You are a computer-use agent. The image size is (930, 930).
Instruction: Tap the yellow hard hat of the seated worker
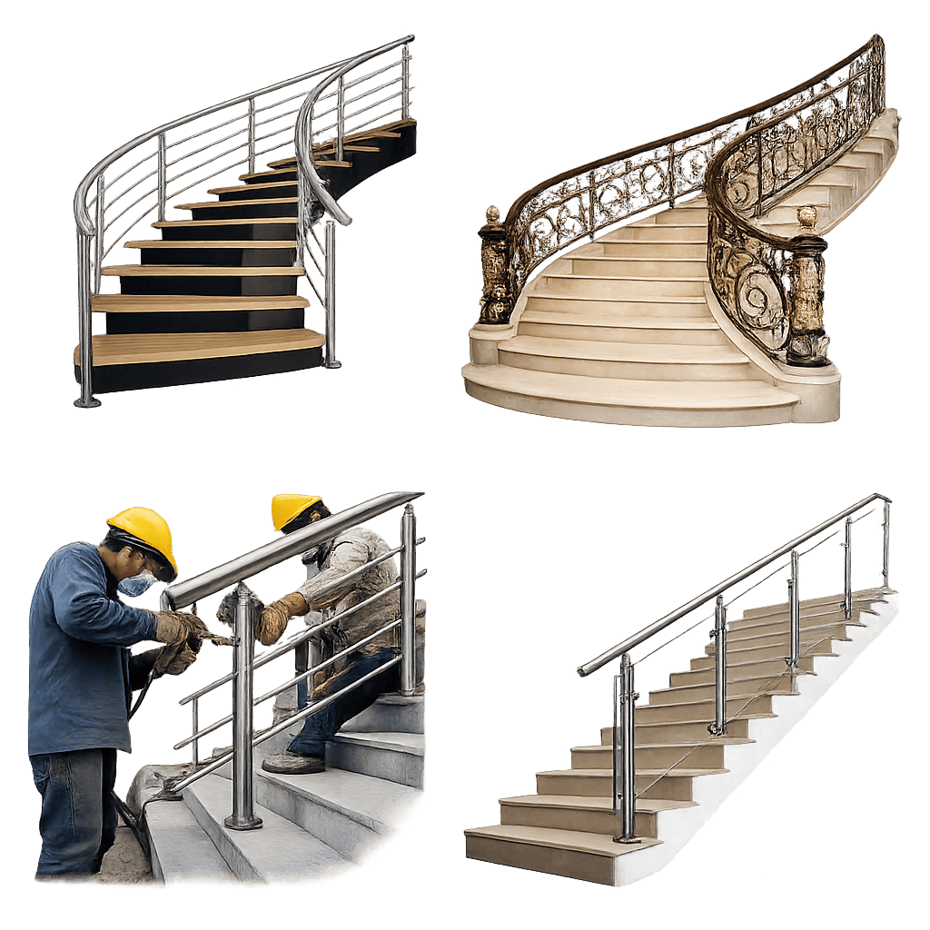pos(294,509)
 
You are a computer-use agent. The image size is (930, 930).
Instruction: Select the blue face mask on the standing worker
pos(135,584)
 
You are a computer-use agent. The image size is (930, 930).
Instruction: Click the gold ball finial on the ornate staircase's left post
pos(492,215)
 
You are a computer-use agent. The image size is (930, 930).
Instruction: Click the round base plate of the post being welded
pos(243,822)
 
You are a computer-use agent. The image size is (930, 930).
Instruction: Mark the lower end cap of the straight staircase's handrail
pos(582,671)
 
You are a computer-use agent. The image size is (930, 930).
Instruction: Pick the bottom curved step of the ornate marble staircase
pos(627,400)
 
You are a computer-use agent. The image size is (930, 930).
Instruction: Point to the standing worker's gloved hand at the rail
pos(177,627)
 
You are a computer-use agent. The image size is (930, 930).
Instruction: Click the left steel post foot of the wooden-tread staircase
pos(87,400)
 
